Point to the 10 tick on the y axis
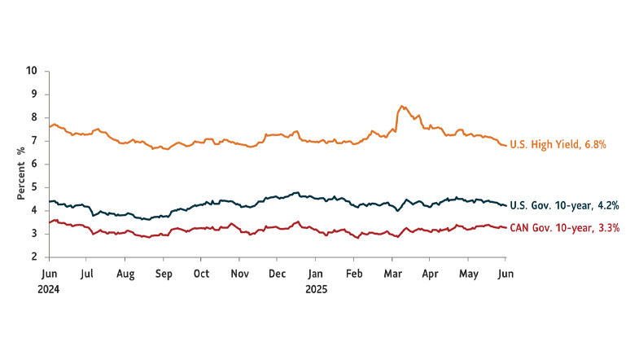click(33, 71)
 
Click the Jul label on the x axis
click(87, 274)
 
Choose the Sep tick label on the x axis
click(164, 274)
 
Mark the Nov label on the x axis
click(239, 274)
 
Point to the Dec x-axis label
click(277, 274)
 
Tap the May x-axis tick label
click(468, 274)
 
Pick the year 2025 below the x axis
click(317, 288)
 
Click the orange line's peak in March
click(401, 106)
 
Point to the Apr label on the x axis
click(430, 274)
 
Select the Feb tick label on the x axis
click(353, 274)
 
